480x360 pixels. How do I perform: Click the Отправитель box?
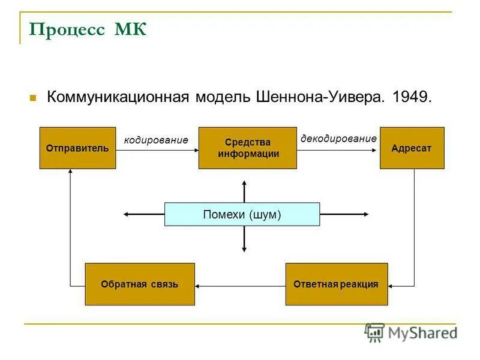point(77,148)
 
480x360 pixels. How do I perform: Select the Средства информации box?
point(247,148)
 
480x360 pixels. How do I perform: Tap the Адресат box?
point(412,148)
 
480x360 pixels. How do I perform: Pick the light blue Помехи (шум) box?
point(242,214)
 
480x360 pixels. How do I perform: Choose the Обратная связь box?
point(139,284)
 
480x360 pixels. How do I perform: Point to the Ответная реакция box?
point(336,284)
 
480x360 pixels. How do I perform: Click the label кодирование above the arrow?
point(156,140)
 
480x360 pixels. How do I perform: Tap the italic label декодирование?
point(338,139)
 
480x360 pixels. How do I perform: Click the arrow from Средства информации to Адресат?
point(338,151)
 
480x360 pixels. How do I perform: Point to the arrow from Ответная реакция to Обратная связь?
point(240,285)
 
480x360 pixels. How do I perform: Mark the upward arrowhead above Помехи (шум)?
point(244,183)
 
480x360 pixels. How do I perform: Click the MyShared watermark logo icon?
point(374,332)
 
